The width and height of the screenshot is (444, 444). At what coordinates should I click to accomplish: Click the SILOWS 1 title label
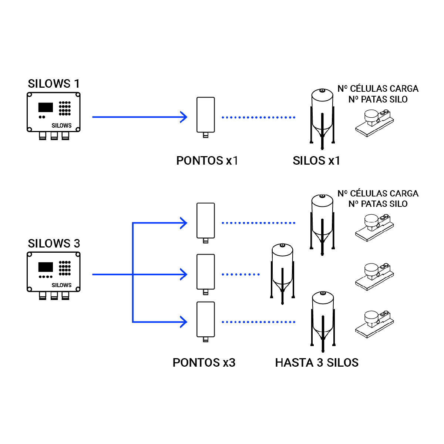pyautogui.click(x=54, y=84)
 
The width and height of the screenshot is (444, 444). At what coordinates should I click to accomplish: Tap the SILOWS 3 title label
pyautogui.click(x=54, y=243)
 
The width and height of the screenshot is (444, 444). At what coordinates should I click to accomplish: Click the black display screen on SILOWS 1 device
pyautogui.click(x=46, y=107)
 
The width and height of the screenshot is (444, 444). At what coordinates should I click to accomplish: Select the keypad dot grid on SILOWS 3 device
pyautogui.click(x=65, y=268)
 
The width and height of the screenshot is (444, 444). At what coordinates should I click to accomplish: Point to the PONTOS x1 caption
pyautogui.click(x=207, y=161)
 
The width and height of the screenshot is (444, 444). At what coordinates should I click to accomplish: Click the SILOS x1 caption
pyautogui.click(x=316, y=161)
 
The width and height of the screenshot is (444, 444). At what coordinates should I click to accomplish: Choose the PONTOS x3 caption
pyautogui.click(x=204, y=363)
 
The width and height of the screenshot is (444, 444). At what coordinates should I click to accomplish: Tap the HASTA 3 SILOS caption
pyautogui.click(x=317, y=363)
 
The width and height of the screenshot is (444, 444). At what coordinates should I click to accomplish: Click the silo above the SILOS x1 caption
pyautogui.click(x=322, y=117)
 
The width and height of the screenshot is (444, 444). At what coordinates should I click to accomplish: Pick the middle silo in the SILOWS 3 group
pyautogui.click(x=283, y=272)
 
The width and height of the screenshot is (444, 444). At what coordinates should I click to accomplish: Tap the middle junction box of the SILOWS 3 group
pyautogui.click(x=206, y=272)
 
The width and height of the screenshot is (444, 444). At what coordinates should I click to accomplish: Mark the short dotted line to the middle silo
pyautogui.click(x=240, y=275)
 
